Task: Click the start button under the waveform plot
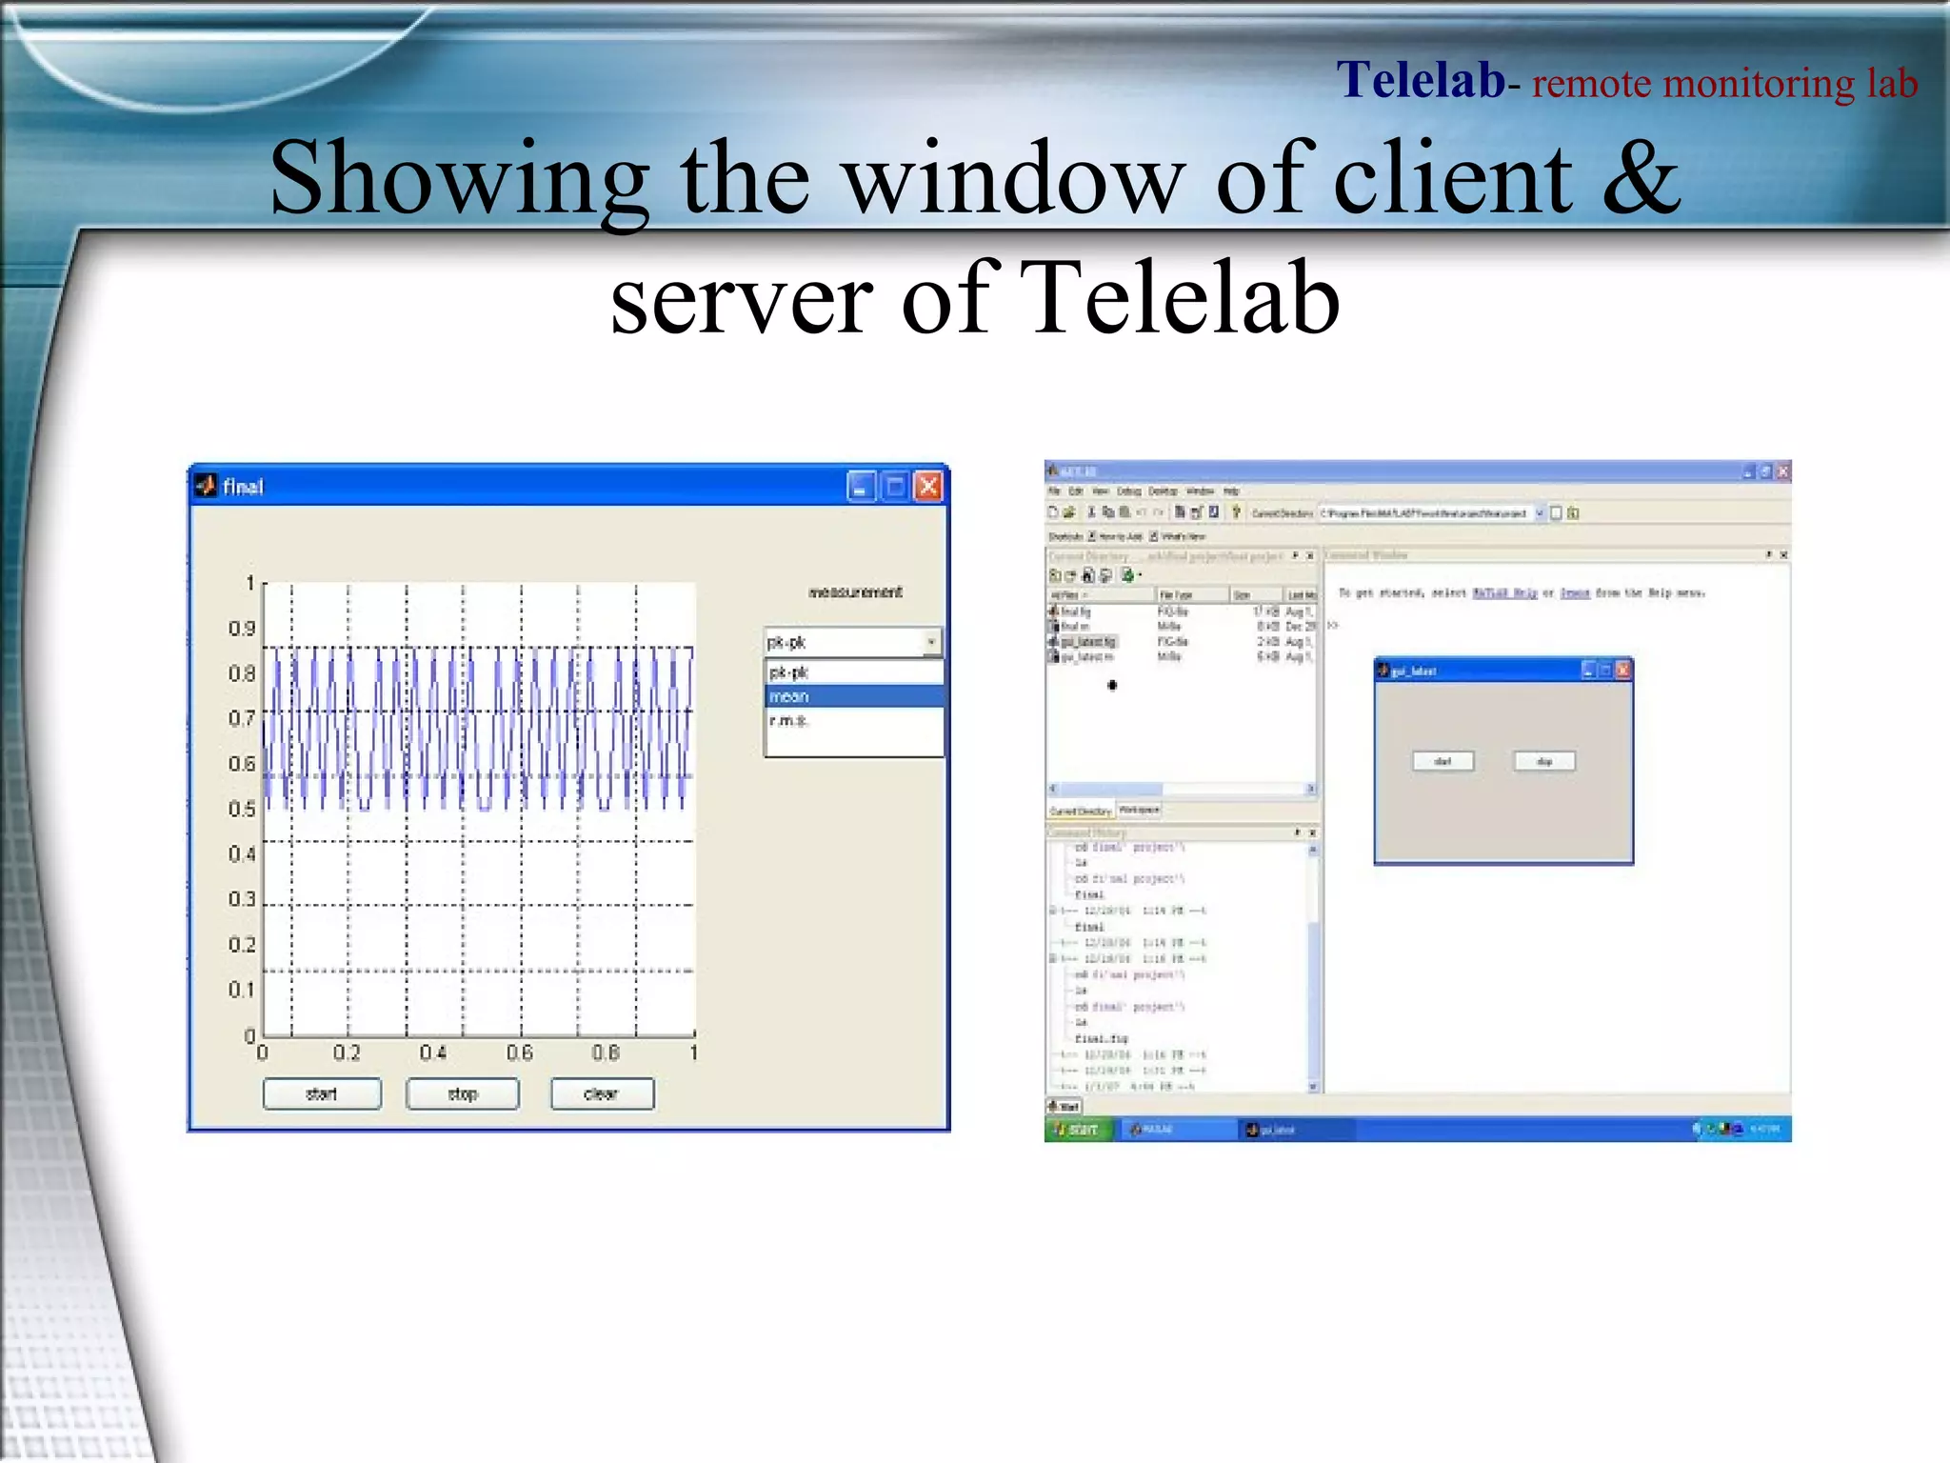[x=322, y=1093]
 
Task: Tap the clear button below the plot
[x=602, y=1093]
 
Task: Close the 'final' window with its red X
[x=927, y=487]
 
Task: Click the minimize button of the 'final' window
[x=860, y=487]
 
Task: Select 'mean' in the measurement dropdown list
[x=853, y=696]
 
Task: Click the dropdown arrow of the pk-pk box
[x=931, y=642]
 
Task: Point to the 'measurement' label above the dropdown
[x=855, y=591]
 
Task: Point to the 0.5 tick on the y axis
[x=242, y=809]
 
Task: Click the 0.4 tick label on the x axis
[x=433, y=1052]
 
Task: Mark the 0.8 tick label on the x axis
[x=606, y=1052]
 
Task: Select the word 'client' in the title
[x=1453, y=177]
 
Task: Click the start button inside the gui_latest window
[x=1443, y=761]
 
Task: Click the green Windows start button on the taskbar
[x=1078, y=1130]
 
